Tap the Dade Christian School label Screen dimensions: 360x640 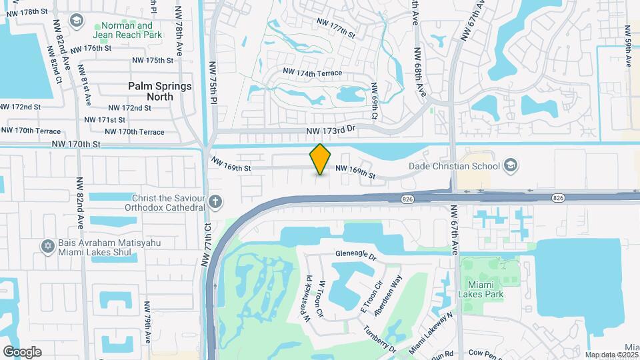coord(456,165)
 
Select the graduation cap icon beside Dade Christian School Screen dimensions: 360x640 coord(510,165)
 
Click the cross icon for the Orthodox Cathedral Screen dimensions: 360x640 coord(215,201)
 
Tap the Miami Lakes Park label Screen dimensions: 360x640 coord(480,289)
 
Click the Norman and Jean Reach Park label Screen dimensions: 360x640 coord(132,29)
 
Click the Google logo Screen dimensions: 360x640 coord(22,351)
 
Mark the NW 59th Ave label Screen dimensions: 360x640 coord(627,47)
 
